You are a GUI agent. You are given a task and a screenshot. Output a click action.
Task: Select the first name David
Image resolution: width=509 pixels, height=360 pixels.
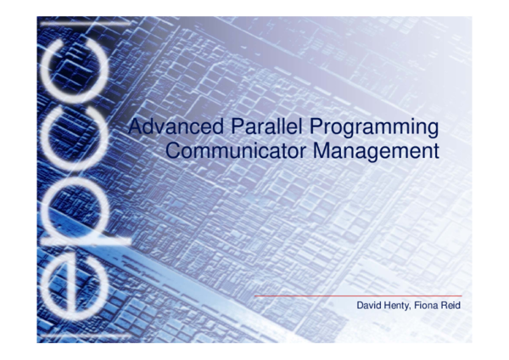tap(371, 305)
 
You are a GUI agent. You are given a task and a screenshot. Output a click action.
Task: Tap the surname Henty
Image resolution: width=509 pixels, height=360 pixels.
tap(399, 305)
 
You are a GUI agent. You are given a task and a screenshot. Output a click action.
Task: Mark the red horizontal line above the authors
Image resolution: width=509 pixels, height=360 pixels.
tap(356, 295)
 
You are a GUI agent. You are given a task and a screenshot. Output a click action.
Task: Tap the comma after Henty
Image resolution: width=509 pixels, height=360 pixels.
tap(412, 307)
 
